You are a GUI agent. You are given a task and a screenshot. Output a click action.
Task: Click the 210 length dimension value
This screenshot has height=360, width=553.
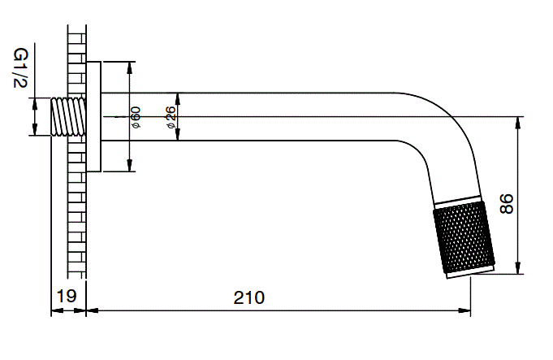click(250, 297)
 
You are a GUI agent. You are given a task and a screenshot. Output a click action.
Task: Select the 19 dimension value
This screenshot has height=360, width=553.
click(67, 297)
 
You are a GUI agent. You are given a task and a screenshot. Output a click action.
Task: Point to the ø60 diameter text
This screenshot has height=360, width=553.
click(135, 117)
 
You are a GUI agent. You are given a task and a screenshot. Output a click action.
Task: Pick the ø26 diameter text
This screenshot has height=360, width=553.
click(171, 117)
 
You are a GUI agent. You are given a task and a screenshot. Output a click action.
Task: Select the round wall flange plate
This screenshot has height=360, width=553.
click(93, 116)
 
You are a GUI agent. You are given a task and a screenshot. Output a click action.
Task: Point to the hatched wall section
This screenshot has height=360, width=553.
click(78, 203)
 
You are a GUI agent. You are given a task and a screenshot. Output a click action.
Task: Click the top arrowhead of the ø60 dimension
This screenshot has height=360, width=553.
click(130, 66)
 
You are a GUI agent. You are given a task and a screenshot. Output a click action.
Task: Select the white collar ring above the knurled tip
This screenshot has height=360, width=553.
click(456, 201)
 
